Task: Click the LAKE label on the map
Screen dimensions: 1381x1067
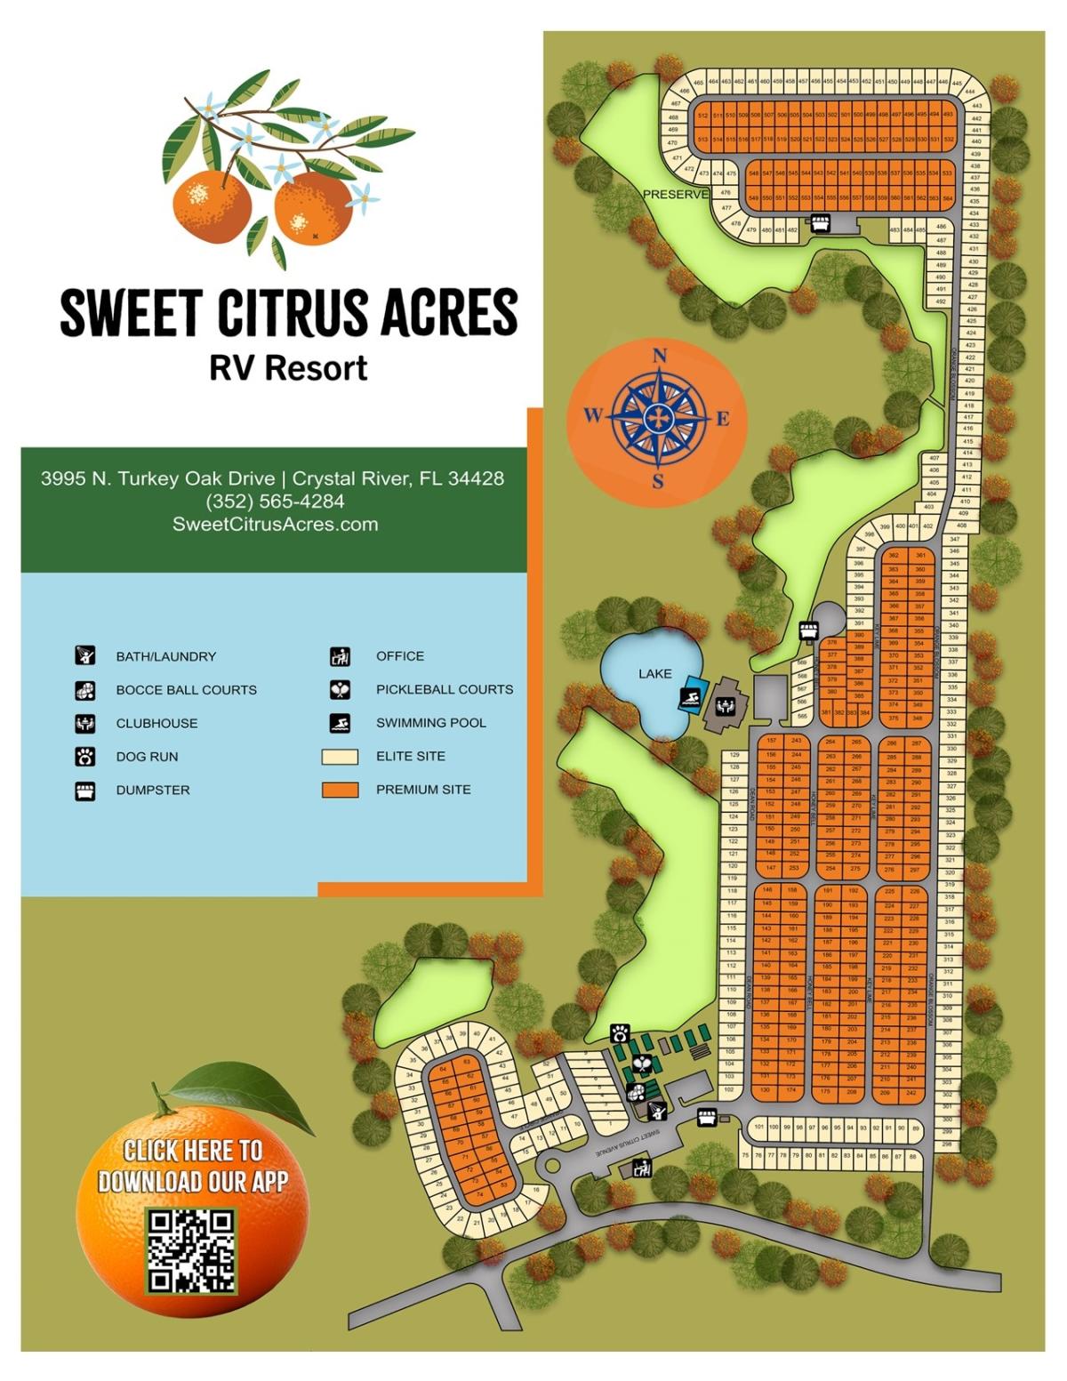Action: click(654, 674)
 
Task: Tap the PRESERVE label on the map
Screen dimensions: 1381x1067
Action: click(675, 194)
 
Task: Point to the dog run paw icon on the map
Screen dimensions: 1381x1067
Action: click(620, 1032)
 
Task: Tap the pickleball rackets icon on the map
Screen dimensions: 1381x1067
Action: click(642, 1061)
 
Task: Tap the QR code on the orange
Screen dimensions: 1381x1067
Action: click(191, 1249)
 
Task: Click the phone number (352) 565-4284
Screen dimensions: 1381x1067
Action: click(275, 502)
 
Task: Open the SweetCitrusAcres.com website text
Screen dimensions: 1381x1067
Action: click(275, 525)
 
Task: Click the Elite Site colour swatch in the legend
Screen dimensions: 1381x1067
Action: click(340, 757)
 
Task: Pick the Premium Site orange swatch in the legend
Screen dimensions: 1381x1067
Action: click(340, 790)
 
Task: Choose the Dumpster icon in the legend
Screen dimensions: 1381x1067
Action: click(84, 791)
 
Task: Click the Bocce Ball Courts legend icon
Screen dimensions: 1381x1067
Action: click(84, 690)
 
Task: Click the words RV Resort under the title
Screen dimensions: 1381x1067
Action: click(288, 368)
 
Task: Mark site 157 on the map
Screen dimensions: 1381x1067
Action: click(771, 741)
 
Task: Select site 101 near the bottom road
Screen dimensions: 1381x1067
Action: click(758, 1127)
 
